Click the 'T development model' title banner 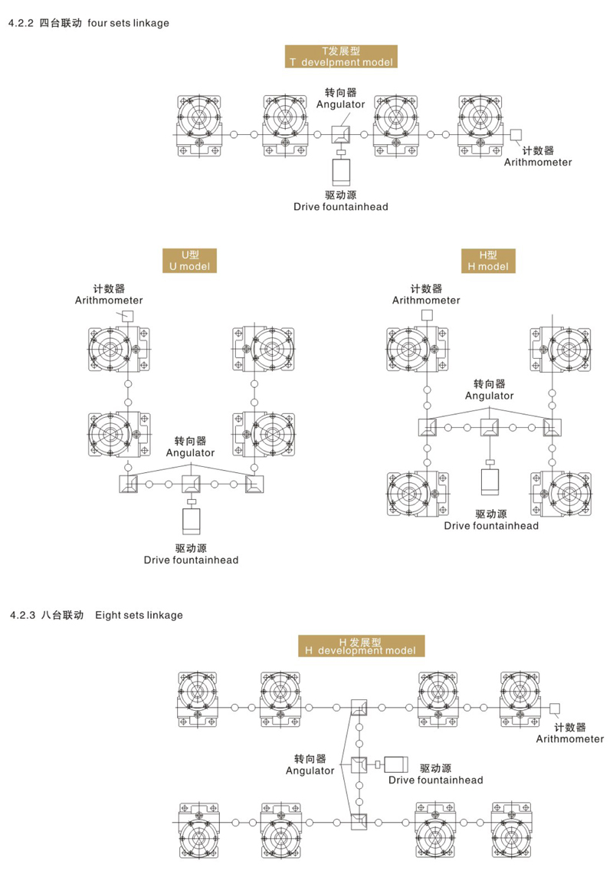coord(341,56)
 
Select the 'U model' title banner coord(188,261)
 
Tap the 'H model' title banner coord(488,261)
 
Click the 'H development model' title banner coord(360,646)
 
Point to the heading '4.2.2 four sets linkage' coord(88,23)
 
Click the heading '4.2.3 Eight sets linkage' coord(95,615)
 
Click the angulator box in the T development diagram coord(341,134)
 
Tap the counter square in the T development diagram coord(516,134)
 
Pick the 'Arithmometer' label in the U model coord(109,301)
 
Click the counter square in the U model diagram coord(128,316)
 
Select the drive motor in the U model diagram coord(191,521)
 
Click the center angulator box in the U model coord(191,484)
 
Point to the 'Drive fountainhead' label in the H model coord(491,526)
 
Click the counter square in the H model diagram coord(427,315)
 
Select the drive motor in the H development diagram coord(396,764)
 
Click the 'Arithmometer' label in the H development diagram coord(569,739)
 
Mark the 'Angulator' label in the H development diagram coord(310,770)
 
